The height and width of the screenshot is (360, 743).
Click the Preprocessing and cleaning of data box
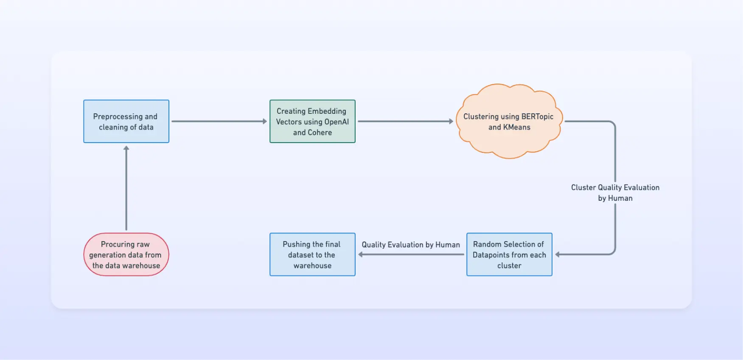(x=126, y=121)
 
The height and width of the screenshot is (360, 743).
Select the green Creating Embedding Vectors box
(x=312, y=121)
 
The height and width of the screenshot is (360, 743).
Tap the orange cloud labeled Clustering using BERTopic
(x=509, y=122)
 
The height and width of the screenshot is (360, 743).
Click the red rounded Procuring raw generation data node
(x=126, y=255)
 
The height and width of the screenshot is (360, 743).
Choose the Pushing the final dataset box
(x=312, y=255)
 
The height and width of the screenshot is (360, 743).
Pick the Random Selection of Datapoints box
(x=509, y=255)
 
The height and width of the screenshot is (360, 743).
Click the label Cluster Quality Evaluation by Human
(x=615, y=193)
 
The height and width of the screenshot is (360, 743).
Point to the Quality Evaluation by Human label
(x=410, y=245)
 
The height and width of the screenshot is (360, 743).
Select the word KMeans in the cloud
(x=516, y=127)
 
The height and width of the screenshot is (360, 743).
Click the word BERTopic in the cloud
(x=537, y=116)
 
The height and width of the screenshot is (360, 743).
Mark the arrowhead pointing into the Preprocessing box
(x=126, y=148)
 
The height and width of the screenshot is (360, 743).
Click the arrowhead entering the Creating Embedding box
(x=265, y=121)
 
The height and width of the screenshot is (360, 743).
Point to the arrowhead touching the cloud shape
(x=451, y=121)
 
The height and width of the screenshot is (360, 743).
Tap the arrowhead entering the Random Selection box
(x=558, y=254)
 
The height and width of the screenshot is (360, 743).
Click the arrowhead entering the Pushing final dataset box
(x=361, y=254)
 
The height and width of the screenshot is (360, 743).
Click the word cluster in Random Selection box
(x=509, y=266)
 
